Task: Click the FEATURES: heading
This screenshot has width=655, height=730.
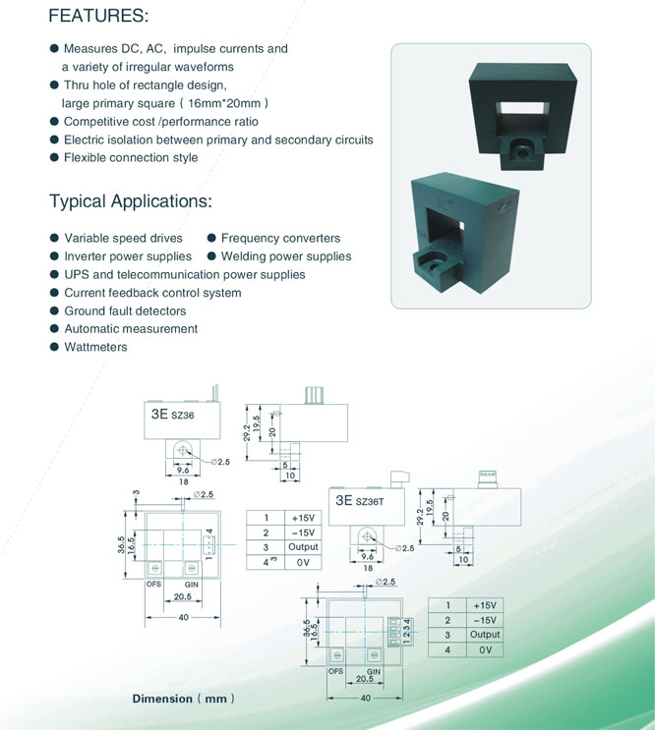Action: tap(98, 16)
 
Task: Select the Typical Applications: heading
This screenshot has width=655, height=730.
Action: tap(131, 201)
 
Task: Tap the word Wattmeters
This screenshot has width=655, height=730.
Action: tap(95, 347)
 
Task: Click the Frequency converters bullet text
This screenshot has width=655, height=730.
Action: tap(280, 238)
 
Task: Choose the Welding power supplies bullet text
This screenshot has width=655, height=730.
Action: tap(286, 256)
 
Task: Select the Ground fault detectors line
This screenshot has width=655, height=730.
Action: tap(125, 310)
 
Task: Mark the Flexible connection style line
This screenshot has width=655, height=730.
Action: tap(131, 158)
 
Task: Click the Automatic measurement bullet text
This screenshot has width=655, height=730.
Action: tap(131, 329)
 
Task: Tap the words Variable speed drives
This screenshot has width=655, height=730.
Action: tap(124, 238)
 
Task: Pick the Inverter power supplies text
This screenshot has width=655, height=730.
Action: tap(128, 256)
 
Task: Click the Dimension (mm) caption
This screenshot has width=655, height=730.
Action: tap(184, 699)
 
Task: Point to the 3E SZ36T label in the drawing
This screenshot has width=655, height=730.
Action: tap(360, 500)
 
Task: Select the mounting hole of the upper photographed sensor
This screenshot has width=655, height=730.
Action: tap(522, 152)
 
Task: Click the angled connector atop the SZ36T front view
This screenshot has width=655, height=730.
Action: tap(399, 479)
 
